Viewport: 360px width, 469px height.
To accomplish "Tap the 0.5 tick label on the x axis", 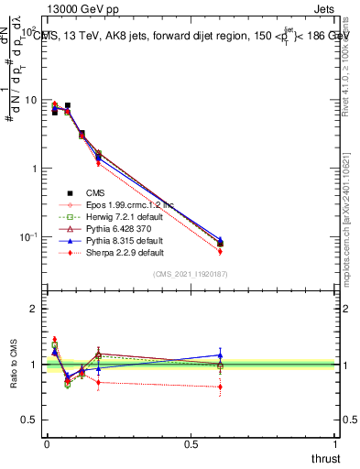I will (x=191, y=443).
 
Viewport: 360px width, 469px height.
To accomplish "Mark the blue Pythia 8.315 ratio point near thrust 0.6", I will (x=220, y=354).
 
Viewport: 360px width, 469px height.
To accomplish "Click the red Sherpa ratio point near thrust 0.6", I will (x=220, y=387).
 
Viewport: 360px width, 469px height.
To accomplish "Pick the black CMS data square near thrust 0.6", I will (x=220, y=244).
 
